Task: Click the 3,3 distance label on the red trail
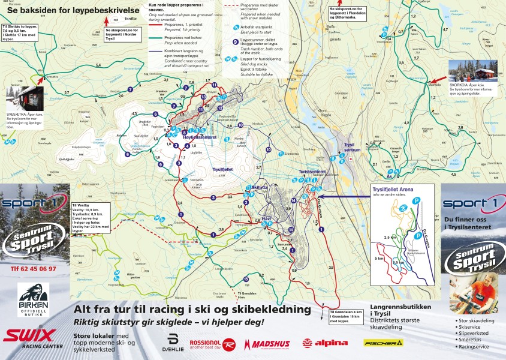[x=230, y=196]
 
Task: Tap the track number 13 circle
[x=203, y=97]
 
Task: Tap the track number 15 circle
[x=246, y=280]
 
